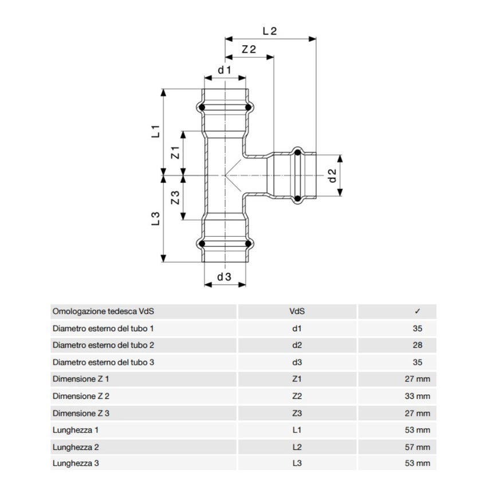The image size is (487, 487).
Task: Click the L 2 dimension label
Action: (x=269, y=32)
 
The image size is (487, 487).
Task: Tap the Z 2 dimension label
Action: (x=248, y=50)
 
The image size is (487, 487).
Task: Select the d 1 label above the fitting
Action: (x=224, y=70)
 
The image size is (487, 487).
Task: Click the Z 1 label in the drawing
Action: (x=176, y=152)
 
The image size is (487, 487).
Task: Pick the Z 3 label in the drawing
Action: (x=176, y=198)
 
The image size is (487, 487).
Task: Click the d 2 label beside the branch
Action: (x=332, y=176)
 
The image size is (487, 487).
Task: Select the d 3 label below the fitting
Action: (x=224, y=277)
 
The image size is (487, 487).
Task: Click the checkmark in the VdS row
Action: (x=417, y=312)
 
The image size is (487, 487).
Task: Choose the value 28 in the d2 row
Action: (x=417, y=345)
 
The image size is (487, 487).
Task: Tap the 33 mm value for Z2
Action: (x=417, y=396)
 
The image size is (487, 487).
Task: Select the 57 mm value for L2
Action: (x=417, y=446)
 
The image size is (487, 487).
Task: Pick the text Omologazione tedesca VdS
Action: (x=104, y=312)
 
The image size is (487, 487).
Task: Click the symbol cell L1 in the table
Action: (x=297, y=430)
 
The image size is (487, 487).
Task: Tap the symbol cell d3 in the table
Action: (x=297, y=362)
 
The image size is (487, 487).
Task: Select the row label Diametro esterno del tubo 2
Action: (x=103, y=345)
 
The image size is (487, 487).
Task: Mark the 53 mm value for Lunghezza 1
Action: (x=417, y=430)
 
